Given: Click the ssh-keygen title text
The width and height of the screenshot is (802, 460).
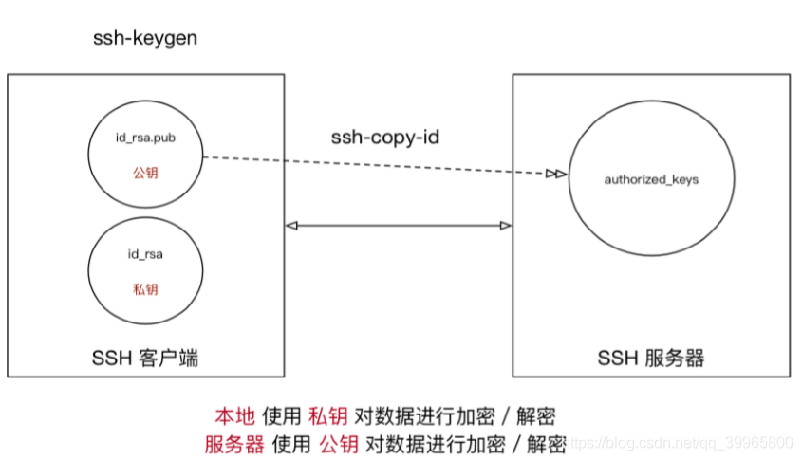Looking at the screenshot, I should [144, 37].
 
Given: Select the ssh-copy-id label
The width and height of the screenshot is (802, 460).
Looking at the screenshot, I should [385, 138].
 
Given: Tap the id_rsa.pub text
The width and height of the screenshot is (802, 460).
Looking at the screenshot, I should [144, 139].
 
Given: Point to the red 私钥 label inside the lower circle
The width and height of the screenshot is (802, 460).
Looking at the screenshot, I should [144, 287].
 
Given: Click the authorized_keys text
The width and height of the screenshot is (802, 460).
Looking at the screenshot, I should [651, 179].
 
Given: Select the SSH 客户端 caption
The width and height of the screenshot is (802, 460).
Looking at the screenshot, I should [144, 358].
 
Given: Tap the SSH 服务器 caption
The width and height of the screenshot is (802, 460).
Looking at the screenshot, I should [651, 358].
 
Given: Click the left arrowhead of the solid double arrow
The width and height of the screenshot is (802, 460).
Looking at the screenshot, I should [292, 226].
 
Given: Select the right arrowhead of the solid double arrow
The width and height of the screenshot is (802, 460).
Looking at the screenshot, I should [506, 226].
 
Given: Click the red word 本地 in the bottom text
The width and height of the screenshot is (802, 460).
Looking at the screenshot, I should [232, 416].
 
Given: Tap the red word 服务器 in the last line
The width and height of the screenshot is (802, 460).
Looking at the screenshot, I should [234, 442].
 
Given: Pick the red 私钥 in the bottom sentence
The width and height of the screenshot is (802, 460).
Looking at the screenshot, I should [328, 416].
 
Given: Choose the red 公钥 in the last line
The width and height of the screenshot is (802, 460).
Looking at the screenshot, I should [339, 442].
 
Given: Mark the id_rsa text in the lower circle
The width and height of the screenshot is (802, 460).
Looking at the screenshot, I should [144, 253].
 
